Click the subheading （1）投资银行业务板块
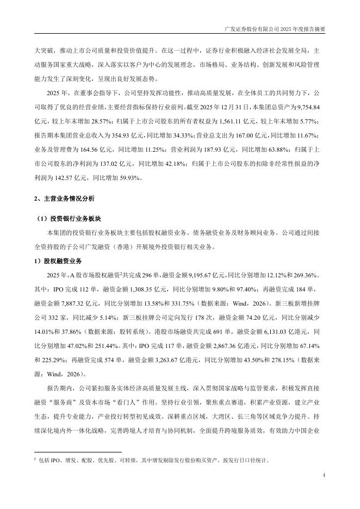coord(70,219)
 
